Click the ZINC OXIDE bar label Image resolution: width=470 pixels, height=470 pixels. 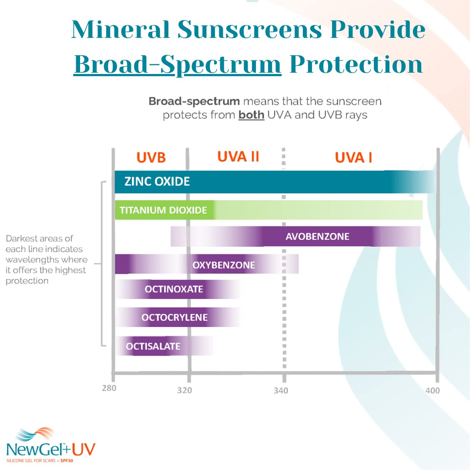(x=157, y=181)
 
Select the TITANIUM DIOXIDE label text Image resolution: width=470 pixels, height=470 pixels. (x=163, y=210)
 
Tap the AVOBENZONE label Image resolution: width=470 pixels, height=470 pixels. (x=317, y=237)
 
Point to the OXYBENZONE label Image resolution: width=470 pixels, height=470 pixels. (x=224, y=265)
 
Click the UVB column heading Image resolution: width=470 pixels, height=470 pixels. (x=151, y=158)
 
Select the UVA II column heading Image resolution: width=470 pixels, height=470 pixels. (x=238, y=157)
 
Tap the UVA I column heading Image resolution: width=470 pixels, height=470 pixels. (x=353, y=158)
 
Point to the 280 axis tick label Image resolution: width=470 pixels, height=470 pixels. (x=109, y=388)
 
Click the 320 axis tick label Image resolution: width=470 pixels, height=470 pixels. (x=185, y=390)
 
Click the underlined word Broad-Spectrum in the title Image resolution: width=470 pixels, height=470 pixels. (x=178, y=64)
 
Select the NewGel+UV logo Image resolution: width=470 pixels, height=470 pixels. (x=50, y=445)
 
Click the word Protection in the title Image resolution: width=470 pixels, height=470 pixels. (x=356, y=64)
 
